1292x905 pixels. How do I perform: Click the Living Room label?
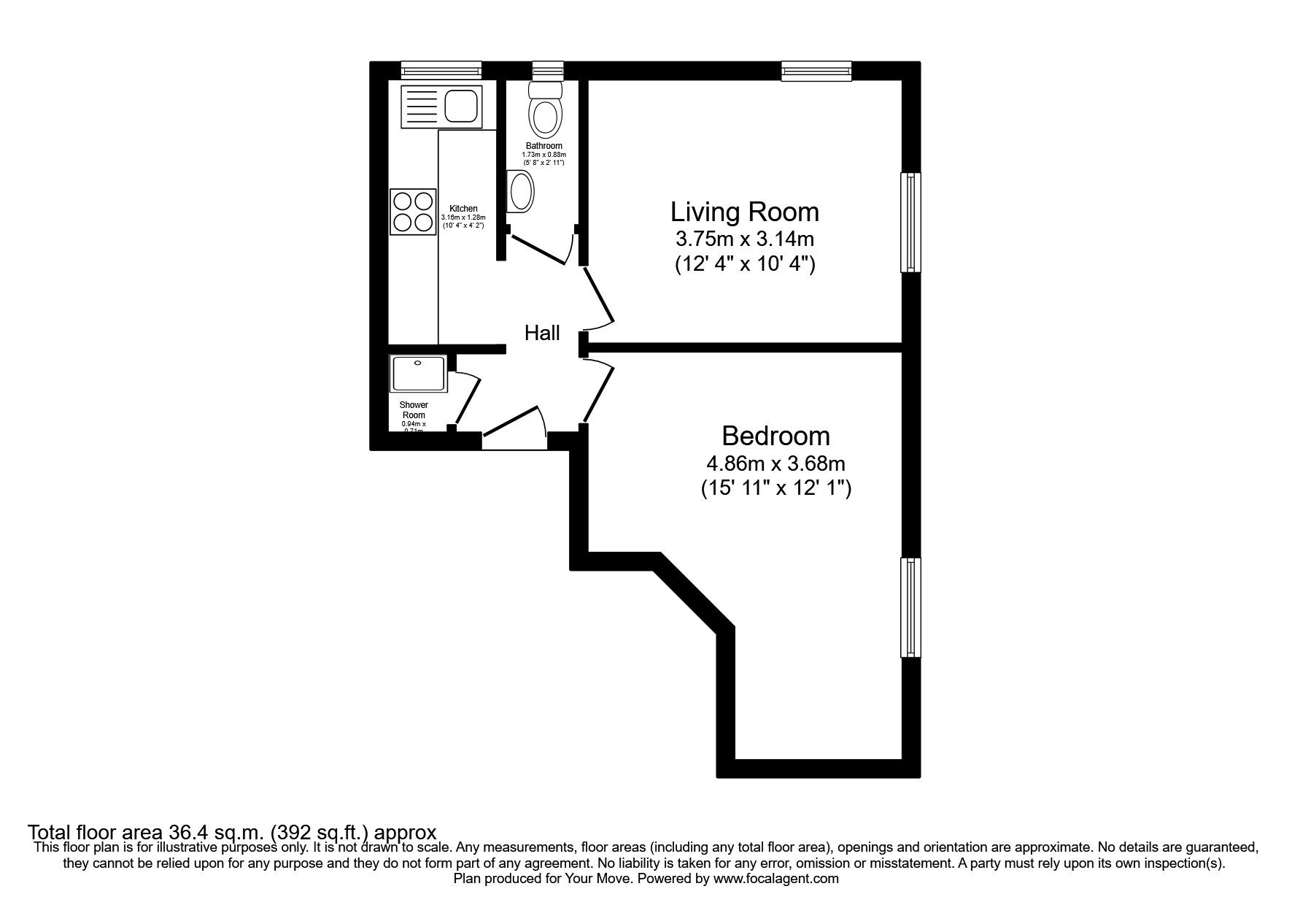pyautogui.click(x=744, y=212)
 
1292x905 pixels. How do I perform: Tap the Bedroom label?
pyautogui.click(x=775, y=436)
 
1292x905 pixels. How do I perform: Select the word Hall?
pyautogui.click(x=542, y=334)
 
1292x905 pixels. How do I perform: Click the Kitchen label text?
pyautogui.click(x=463, y=209)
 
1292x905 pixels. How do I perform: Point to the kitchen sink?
pyautogui.click(x=441, y=106)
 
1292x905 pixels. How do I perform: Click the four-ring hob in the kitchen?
pyautogui.click(x=413, y=212)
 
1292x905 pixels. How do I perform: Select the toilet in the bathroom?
pyautogui.click(x=546, y=110)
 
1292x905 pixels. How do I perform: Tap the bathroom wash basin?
pyautogui.click(x=521, y=192)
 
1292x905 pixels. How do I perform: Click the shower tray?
pyautogui.click(x=418, y=374)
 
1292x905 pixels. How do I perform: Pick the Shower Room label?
pyautogui.click(x=414, y=410)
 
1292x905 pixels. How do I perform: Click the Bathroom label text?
pyautogui.click(x=544, y=146)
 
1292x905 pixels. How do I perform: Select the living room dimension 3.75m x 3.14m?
pyautogui.click(x=744, y=239)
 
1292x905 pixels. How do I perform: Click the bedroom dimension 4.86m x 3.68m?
pyautogui.click(x=775, y=463)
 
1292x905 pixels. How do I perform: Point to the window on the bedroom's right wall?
pyautogui.click(x=910, y=607)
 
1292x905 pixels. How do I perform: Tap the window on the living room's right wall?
pyautogui.click(x=910, y=222)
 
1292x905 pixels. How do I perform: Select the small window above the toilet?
pyautogui.click(x=548, y=70)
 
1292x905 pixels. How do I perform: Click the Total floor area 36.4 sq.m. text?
pyautogui.click(x=231, y=832)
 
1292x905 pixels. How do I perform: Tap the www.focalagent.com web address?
pyautogui.click(x=775, y=879)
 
